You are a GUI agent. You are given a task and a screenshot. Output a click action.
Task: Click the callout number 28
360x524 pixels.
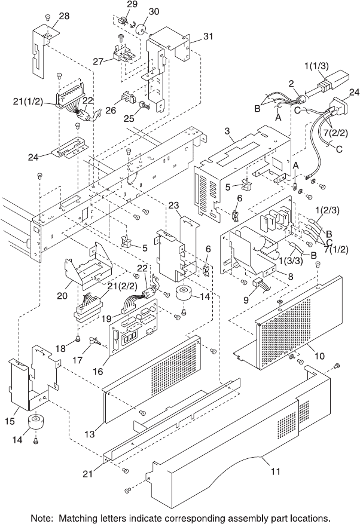click(x=64, y=16)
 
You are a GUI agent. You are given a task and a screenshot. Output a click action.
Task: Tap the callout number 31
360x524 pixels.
click(x=208, y=36)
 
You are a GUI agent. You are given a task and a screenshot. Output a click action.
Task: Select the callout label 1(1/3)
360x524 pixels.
click(x=316, y=66)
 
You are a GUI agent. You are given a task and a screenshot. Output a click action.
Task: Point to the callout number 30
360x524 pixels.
click(x=154, y=11)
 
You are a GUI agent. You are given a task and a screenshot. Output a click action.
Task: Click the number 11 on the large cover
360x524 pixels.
click(x=276, y=471)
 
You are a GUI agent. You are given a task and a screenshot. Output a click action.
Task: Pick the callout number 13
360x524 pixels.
click(x=90, y=434)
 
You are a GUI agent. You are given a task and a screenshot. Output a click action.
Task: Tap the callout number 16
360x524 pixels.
click(x=98, y=371)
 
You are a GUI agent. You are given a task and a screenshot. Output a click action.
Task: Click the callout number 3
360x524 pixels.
click(x=227, y=131)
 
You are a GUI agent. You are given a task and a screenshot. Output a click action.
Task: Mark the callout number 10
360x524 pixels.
click(x=319, y=356)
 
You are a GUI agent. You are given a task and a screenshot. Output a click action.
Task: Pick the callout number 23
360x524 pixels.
click(x=173, y=205)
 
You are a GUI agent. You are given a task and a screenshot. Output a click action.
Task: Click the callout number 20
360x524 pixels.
click(x=62, y=295)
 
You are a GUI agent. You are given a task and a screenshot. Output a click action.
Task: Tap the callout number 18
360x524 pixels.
click(x=60, y=348)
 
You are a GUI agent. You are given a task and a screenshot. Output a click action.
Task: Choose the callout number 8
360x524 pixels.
click(x=291, y=277)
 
